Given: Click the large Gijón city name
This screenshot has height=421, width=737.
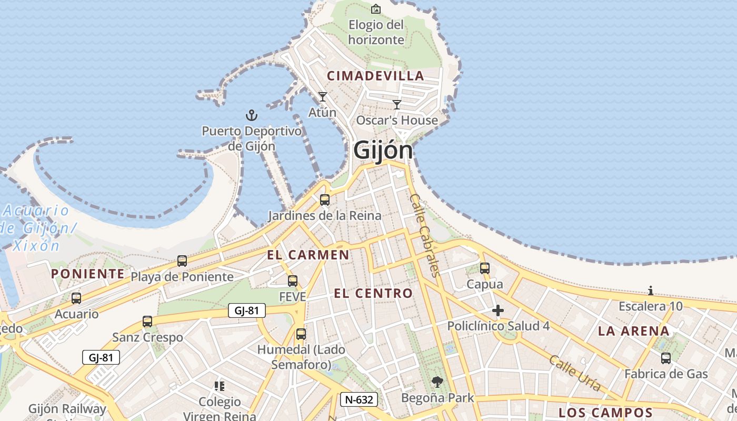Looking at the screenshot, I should (383, 150).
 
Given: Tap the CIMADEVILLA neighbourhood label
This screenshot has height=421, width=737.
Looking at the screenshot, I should (375, 76).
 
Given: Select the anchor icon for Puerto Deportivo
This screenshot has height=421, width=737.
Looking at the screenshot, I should (252, 115).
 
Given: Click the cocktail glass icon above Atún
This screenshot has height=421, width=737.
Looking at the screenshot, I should (323, 97).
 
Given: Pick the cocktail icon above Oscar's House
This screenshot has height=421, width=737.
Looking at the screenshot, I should (397, 104).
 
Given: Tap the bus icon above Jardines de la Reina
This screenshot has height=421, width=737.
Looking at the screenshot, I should (325, 200).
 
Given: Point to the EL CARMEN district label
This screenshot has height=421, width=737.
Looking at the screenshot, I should (308, 255).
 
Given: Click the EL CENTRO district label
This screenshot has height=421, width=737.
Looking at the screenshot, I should (373, 294).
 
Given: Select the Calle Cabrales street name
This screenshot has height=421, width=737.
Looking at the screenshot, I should (424, 235).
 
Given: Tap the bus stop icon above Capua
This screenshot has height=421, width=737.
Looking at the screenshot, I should (485, 268).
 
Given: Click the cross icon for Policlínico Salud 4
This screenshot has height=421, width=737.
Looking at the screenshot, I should (498, 310).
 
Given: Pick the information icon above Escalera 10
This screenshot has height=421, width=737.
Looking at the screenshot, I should (651, 290).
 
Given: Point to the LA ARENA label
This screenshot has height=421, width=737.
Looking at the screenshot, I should (634, 331).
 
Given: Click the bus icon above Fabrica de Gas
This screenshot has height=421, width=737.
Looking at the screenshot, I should (666, 358).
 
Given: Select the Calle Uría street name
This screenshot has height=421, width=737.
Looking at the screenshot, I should (575, 373).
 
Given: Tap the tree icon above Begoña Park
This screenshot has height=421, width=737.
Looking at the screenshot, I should (437, 382).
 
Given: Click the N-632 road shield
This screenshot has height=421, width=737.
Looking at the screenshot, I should (359, 399).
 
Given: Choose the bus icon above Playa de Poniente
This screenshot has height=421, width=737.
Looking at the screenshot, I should (182, 260).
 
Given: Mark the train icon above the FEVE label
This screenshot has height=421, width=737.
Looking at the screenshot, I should (293, 281).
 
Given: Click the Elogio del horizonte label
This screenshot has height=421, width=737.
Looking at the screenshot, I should (376, 32).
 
